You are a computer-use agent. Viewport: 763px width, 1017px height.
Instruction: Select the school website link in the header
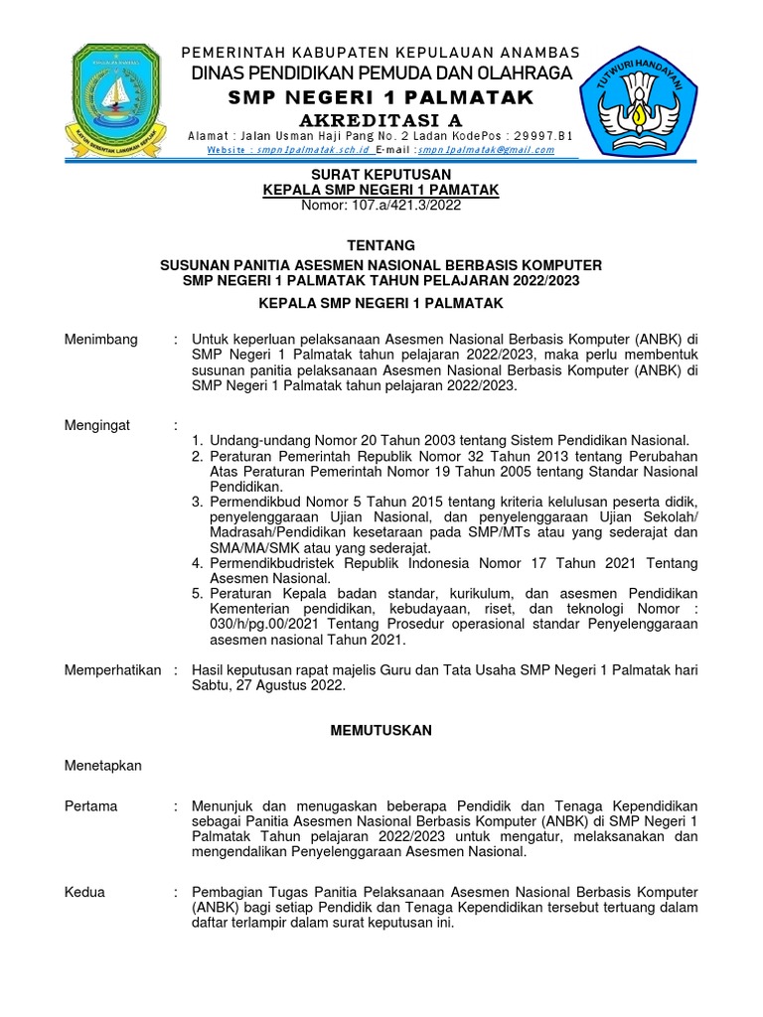[x=289, y=150]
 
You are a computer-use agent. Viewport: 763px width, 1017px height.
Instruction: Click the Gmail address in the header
[x=486, y=150]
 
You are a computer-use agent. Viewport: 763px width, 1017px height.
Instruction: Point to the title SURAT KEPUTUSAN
[x=381, y=173]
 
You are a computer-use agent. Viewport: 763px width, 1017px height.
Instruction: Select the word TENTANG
[x=381, y=245]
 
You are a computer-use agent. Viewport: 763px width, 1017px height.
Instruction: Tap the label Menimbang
[x=101, y=339]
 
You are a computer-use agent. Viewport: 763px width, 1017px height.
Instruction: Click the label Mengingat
[x=97, y=425]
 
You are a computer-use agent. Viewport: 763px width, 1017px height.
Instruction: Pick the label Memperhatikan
[x=112, y=670]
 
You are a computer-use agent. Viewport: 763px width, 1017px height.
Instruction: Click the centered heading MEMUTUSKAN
[x=381, y=730]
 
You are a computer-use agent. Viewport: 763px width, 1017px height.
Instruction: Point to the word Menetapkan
[x=103, y=766]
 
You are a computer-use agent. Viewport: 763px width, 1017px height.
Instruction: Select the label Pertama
[x=91, y=805]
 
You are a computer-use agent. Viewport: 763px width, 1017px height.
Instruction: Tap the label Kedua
[x=85, y=892]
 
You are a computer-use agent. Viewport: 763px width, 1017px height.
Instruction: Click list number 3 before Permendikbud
[x=197, y=502]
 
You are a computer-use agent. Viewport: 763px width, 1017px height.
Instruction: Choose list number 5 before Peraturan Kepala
[x=197, y=593]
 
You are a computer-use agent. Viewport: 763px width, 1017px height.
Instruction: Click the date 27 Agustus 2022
[x=292, y=685]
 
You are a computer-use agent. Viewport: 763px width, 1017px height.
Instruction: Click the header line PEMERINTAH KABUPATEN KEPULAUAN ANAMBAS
[x=381, y=53]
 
